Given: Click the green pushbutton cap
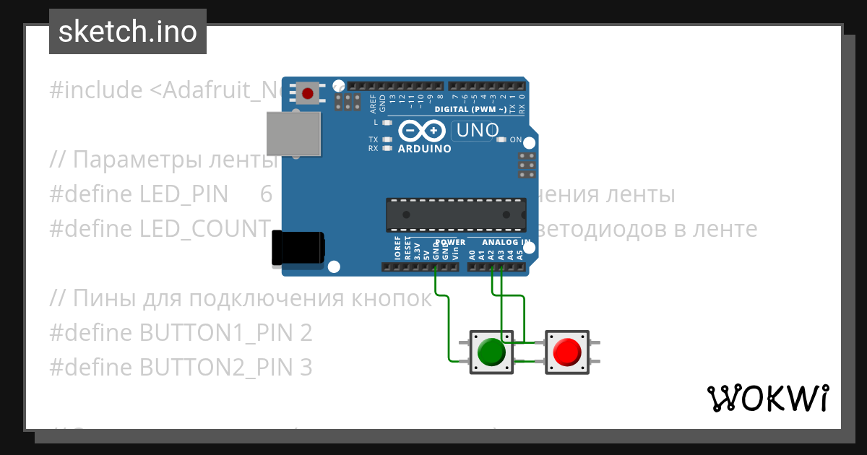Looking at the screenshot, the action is [492, 352].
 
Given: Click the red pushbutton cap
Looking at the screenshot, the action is [566, 352].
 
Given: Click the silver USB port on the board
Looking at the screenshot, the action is [293, 134].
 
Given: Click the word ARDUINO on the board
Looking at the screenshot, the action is [425, 149].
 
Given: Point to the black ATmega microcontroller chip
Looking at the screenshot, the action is [455, 214].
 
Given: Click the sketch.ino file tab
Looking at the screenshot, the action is [127, 32].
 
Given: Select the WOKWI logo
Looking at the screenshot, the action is [768, 398].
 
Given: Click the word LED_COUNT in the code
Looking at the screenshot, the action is [204, 229].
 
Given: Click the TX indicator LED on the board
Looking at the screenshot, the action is [387, 139].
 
